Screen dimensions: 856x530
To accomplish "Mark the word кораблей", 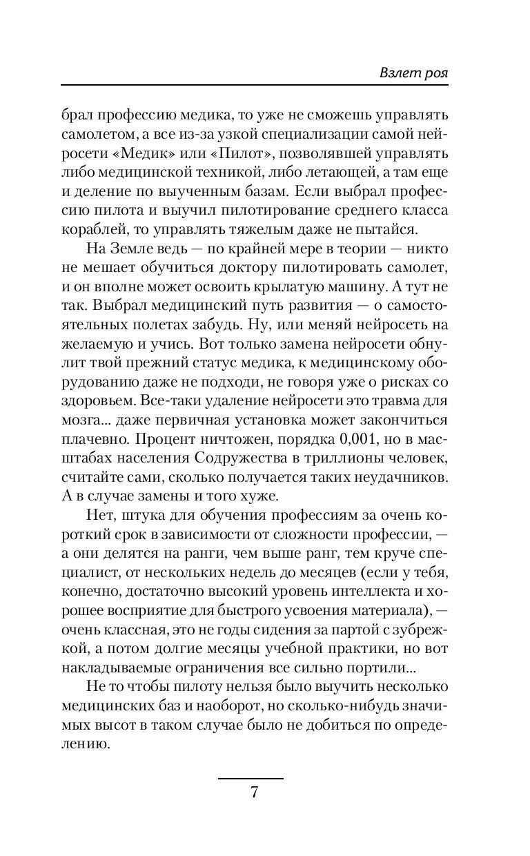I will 88,228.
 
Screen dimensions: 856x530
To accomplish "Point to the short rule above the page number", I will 251,779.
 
